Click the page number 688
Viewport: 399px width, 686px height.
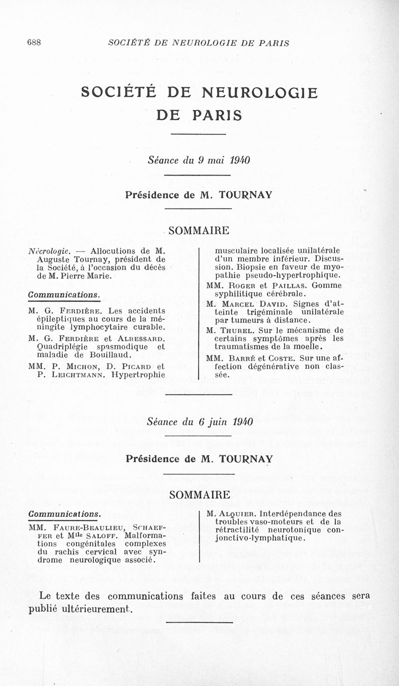pos(34,43)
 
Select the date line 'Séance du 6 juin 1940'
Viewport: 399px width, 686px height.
pos(199,422)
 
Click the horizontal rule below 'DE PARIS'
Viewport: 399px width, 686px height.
pos(199,134)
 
